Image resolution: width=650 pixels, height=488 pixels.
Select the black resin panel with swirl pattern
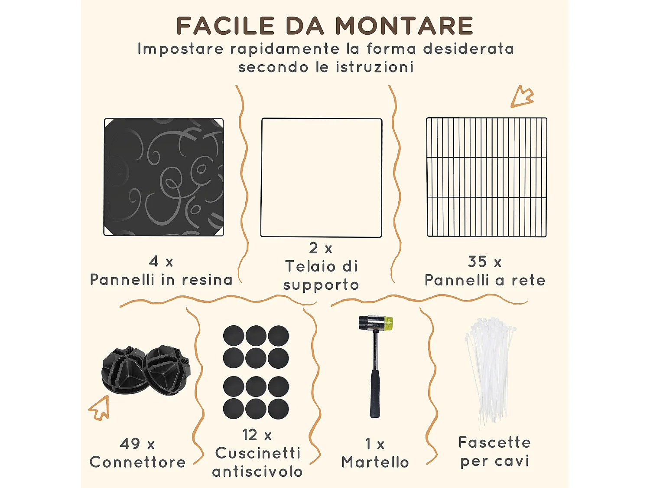pyautogui.click(x=164, y=177)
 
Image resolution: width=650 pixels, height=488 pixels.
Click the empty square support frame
pyautogui.click(x=321, y=177)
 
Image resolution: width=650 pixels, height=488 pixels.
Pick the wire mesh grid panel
pyautogui.click(x=487, y=177)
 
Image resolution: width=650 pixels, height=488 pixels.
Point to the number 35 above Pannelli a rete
pyautogui.click(x=477, y=262)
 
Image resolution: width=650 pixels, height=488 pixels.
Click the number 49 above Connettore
pyautogui.click(x=130, y=444)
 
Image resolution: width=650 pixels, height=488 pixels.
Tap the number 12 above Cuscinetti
pyautogui.click(x=250, y=435)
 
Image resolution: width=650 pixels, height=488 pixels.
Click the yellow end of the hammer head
pyautogui.click(x=389, y=322)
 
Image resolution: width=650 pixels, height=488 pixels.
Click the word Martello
pyautogui.click(x=375, y=462)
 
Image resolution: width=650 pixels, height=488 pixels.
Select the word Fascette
pyautogui.click(x=494, y=442)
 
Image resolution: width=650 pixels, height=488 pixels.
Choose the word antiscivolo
pyautogui.click(x=257, y=472)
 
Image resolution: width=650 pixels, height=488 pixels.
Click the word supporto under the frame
pyautogui.click(x=321, y=285)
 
